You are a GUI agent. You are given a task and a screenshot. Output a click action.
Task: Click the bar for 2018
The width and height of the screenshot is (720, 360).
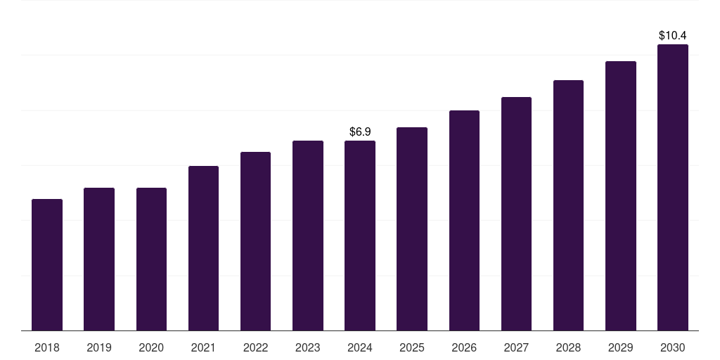pyautogui.click(x=47, y=265)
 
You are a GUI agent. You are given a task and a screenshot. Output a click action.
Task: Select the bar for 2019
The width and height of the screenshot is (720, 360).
pyautogui.click(x=99, y=259)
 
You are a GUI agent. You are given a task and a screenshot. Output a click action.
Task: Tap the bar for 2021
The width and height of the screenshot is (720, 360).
pyautogui.click(x=203, y=248)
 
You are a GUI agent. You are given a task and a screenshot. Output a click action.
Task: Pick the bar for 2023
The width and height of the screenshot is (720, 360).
pyautogui.click(x=308, y=236)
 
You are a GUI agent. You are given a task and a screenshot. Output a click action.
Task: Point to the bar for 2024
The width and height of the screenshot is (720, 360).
pyautogui.click(x=360, y=236)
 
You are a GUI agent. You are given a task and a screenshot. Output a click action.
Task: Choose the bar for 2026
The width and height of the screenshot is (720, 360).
pyautogui.click(x=464, y=221)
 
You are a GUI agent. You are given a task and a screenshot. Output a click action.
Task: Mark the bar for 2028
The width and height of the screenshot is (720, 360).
pyautogui.click(x=568, y=205)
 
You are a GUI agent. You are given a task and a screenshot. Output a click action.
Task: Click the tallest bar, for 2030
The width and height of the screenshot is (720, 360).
pyautogui.click(x=673, y=188)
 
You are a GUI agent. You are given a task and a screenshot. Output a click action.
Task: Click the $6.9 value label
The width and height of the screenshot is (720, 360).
pyautogui.click(x=360, y=131)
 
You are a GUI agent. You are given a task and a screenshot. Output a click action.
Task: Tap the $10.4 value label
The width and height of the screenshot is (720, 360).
pyautogui.click(x=673, y=35)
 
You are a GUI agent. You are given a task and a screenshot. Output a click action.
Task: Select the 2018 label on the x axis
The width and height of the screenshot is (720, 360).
pyautogui.click(x=47, y=347)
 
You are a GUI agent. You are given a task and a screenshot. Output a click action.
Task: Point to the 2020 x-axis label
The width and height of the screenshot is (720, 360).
pyautogui.click(x=151, y=347)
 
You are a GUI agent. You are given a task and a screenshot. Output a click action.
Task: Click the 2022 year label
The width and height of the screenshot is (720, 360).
pyautogui.click(x=256, y=347)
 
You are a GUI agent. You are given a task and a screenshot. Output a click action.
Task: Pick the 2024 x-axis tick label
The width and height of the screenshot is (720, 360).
pyautogui.click(x=360, y=347)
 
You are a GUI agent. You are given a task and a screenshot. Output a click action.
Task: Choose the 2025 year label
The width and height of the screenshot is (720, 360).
pyautogui.click(x=412, y=347)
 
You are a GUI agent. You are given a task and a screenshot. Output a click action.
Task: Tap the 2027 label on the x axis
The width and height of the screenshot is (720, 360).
pyautogui.click(x=516, y=347)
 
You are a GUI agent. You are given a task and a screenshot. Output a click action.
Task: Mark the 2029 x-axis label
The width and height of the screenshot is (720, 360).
pyautogui.click(x=621, y=347)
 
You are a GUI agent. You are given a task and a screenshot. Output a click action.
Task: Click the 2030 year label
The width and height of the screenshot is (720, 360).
pyautogui.click(x=673, y=347)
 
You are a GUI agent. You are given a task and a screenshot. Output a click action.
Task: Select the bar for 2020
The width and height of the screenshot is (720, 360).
pyautogui.click(x=151, y=259)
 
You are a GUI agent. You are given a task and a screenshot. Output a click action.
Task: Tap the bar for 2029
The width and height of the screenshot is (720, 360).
pyautogui.click(x=621, y=196)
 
